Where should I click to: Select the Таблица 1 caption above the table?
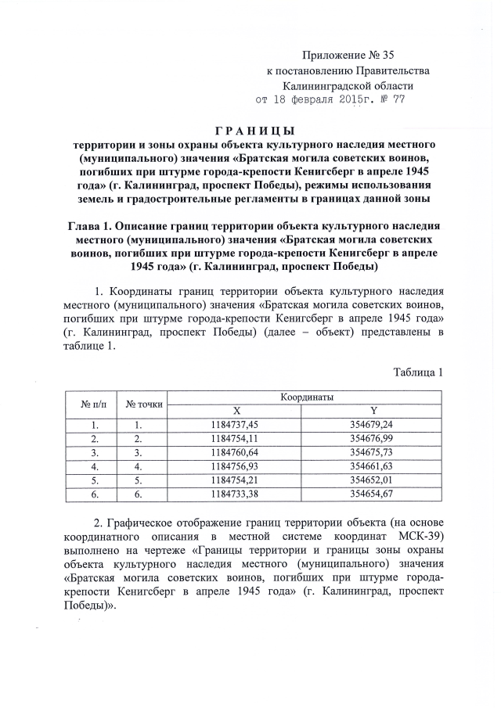click(419, 372)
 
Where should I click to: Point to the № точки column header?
click(144, 404)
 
